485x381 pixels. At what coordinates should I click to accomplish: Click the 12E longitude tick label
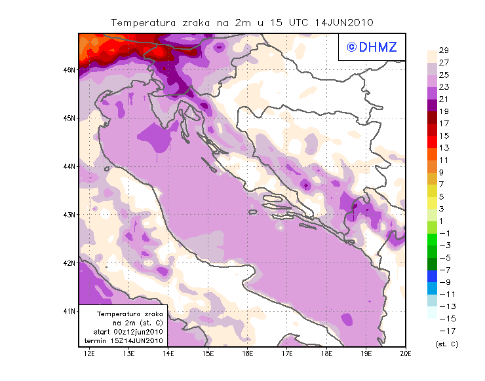point(90,354)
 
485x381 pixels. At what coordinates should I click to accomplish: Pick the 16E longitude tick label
point(248,354)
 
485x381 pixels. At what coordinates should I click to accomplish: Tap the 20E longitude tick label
point(406,354)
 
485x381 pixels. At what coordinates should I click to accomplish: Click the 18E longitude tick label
point(327,354)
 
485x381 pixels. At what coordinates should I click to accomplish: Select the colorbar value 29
point(443,50)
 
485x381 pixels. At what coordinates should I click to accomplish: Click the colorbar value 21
point(443,99)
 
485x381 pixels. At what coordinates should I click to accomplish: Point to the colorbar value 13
point(443,148)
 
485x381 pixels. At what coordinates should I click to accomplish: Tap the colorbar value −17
point(443,331)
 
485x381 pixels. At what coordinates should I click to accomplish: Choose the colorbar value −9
point(443,282)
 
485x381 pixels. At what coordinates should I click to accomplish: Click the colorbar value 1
point(443,221)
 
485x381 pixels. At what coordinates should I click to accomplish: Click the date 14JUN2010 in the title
point(344,22)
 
